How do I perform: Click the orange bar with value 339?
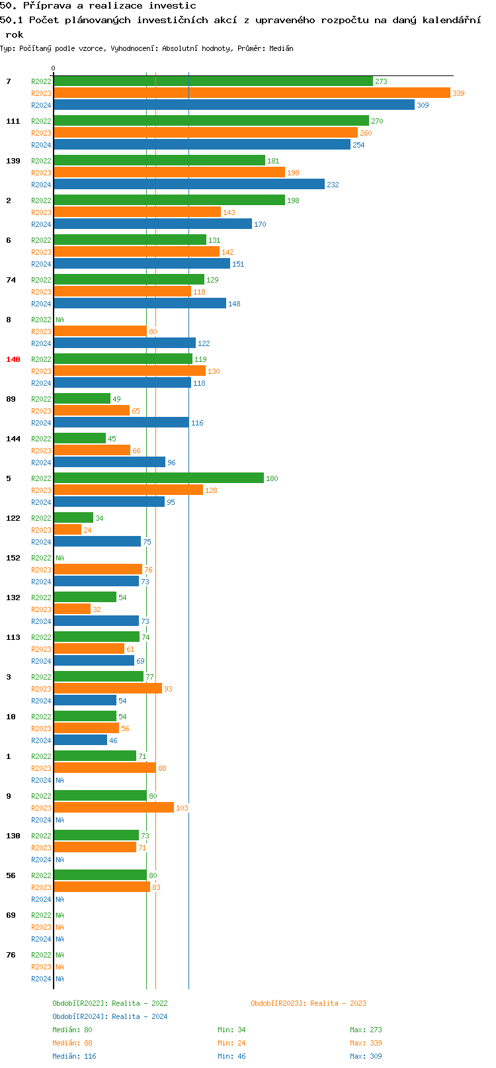[x=251, y=93]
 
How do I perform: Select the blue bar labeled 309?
[x=234, y=105]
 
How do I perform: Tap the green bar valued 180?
[x=159, y=478]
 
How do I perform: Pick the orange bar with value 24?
[x=67, y=530]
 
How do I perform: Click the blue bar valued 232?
[x=189, y=185]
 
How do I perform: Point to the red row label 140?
[x=13, y=359]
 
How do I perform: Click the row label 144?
[x=13, y=439]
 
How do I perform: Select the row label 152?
[x=13, y=558]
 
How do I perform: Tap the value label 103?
[x=182, y=808]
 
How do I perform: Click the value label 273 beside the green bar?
[x=381, y=81]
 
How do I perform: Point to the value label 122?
[x=204, y=343]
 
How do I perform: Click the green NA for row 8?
[x=60, y=320]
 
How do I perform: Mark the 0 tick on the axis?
[x=54, y=69]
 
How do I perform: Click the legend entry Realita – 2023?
[x=308, y=1003]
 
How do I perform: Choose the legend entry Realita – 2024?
[x=110, y=1016]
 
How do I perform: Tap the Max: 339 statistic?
[x=366, y=1043]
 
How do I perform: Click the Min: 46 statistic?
[x=231, y=1056]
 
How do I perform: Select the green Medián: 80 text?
[x=72, y=1030]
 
